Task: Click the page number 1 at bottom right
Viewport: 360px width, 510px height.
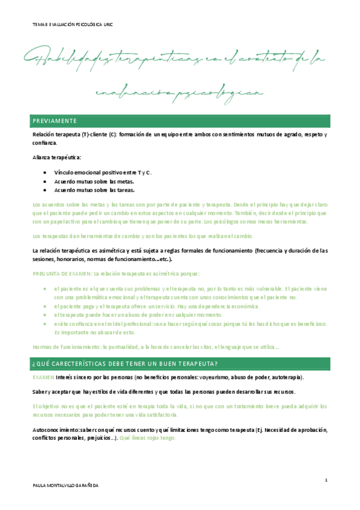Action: click(x=325, y=480)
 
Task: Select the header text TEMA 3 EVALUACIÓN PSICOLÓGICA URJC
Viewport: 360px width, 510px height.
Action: click(x=73, y=25)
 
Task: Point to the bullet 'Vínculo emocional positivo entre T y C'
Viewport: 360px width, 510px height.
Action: click(x=103, y=173)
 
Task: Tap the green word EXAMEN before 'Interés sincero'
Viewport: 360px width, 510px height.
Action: click(x=43, y=377)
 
